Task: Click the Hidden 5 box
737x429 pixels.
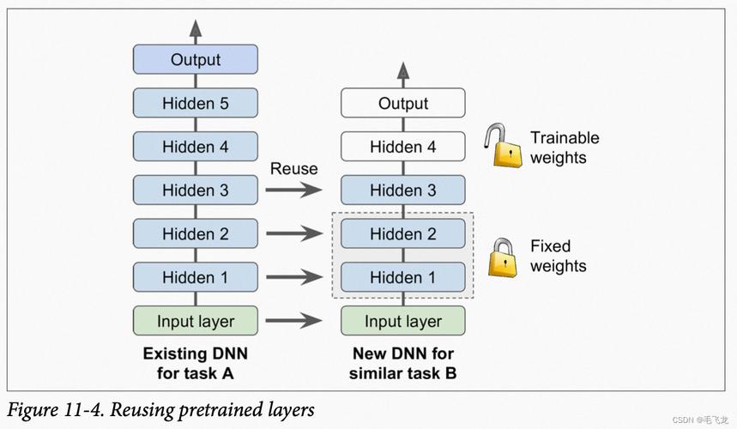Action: point(196,103)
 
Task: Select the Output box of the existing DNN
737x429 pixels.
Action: point(196,59)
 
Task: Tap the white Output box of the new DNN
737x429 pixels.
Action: point(403,103)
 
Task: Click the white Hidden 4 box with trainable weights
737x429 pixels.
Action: point(403,147)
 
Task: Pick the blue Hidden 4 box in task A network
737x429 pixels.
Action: point(196,147)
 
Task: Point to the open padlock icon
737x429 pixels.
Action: point(503,146)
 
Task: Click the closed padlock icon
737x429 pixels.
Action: point(503,258)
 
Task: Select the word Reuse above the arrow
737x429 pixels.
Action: point(293,169)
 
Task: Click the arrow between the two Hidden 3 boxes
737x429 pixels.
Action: point(293,190)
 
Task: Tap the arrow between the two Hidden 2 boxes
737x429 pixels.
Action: point(293,233)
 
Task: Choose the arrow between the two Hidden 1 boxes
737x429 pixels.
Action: point(293,277)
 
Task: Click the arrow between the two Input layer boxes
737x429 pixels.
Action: point(293,320)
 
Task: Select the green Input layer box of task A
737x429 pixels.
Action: point(196,320)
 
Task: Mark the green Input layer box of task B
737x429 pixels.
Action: point(403,320)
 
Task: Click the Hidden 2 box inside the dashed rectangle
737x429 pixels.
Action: point(403,233)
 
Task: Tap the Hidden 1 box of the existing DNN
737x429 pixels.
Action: point(196,277)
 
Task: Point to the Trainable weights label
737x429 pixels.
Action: point(565,148)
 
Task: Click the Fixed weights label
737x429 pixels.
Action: point(558,256)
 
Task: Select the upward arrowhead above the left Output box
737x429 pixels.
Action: point(196,28)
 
